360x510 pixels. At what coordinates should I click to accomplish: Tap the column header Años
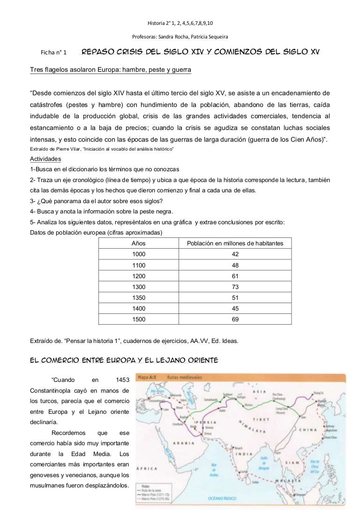click(139, 244)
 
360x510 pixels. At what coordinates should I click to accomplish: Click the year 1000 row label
click(139, 254)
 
